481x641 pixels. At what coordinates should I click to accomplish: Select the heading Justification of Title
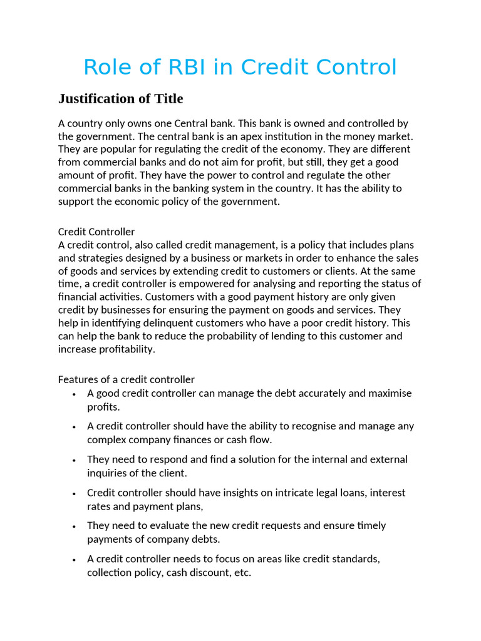[x=120, y=99]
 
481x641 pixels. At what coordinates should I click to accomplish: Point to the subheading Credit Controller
[x=96, y=232]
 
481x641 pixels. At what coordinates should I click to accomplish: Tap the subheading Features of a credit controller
[x=127, y=379]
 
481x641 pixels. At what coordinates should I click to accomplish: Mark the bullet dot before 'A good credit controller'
[x=74, y=394]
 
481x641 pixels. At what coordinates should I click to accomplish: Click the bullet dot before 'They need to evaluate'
[x=74, y=526]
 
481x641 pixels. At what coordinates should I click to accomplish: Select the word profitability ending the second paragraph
[x=124, y=349]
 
